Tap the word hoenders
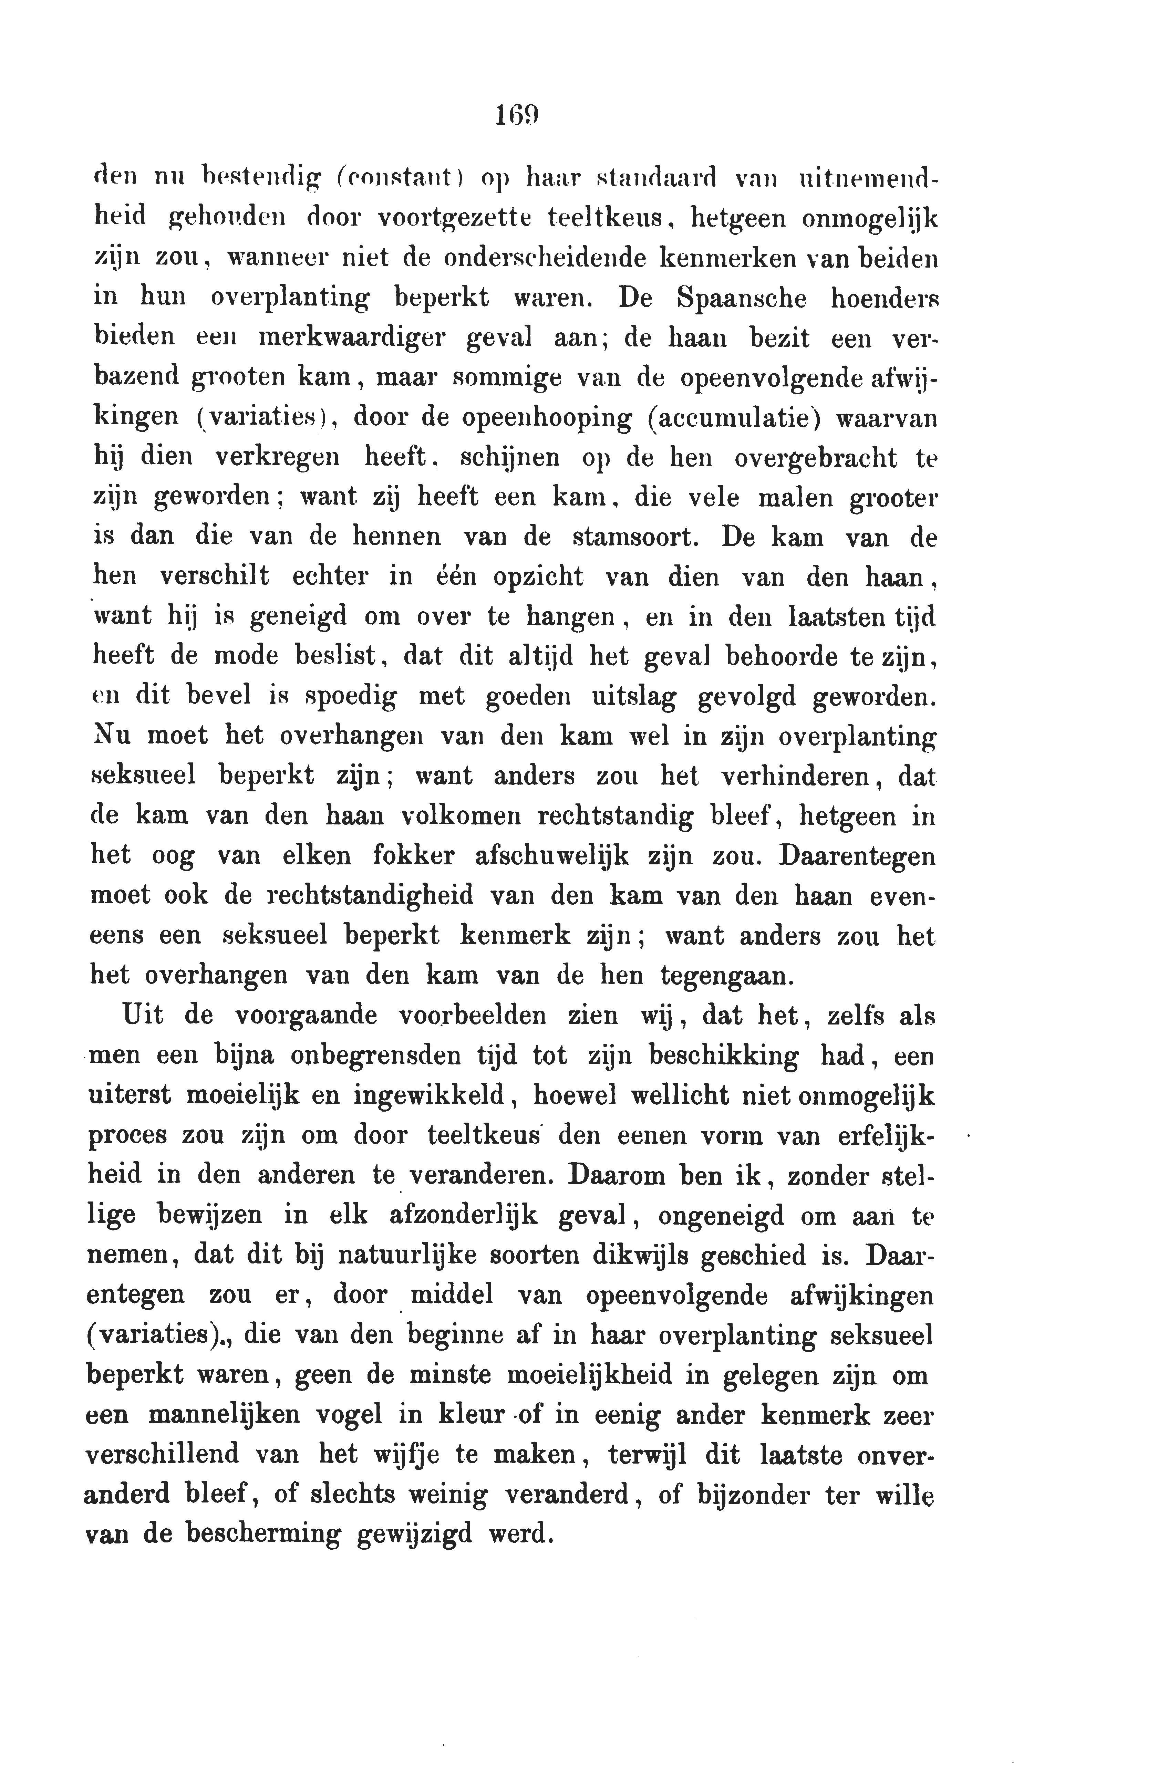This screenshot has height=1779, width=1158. pyautogui.click(x=885, y=298)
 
